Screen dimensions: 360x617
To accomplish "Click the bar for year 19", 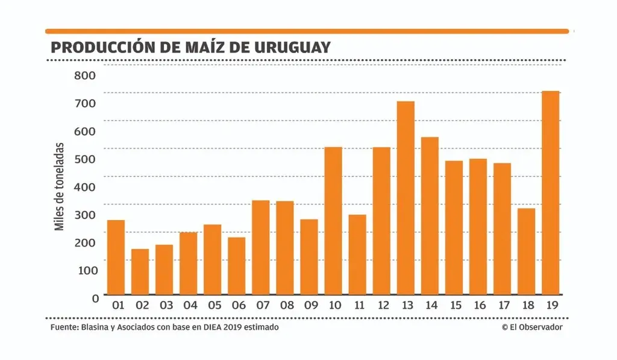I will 551,193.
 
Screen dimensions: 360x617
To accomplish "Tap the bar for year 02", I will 140,271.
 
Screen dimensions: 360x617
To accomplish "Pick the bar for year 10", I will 333,221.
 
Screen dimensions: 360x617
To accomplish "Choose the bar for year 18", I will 527,251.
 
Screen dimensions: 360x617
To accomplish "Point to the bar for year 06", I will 237,266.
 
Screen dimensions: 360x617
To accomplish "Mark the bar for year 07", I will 261,247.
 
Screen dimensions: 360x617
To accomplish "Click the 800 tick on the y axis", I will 85,75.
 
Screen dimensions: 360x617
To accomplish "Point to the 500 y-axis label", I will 85,159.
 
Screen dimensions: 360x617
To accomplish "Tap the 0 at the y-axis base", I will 95,298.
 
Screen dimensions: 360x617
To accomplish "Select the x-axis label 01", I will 116,306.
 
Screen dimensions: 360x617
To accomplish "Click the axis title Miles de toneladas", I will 60,186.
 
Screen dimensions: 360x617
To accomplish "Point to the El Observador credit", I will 532,327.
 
